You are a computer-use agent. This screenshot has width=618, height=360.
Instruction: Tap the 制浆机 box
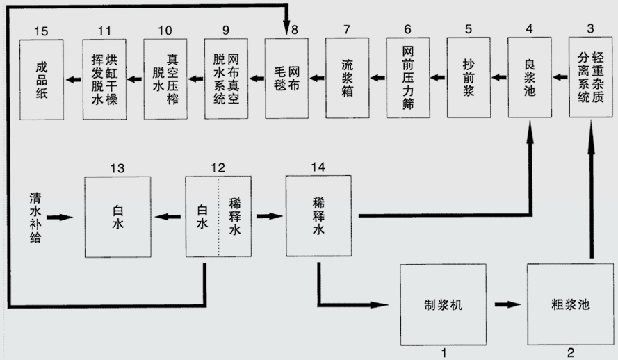point(444,304)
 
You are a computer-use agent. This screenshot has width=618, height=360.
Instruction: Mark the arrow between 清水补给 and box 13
point(61,218)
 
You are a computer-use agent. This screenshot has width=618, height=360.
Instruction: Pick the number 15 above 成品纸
point(41,30)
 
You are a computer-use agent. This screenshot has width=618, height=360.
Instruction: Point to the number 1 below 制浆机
point(443,352)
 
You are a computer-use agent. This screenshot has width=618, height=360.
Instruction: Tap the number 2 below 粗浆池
point(571,352)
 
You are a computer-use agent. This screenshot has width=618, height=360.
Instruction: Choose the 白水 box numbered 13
point(117,217)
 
